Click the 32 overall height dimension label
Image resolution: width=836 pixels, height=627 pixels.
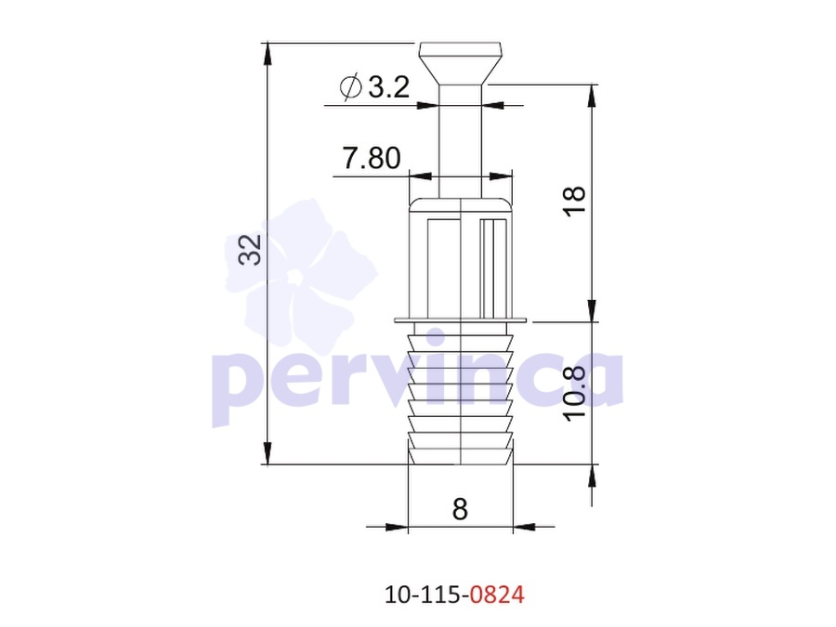(x=250, y=250)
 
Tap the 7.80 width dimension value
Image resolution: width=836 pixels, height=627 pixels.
(x=371, y=158)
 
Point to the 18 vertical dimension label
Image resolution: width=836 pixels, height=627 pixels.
(x=575, y=202)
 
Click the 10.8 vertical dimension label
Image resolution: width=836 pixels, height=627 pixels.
(x=575, y=394)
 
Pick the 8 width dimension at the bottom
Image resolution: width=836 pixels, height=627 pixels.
(x=460, y=509)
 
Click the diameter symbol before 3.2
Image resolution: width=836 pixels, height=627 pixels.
(x=351, y=87)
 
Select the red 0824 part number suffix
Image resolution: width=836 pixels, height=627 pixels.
(x=497, y=594)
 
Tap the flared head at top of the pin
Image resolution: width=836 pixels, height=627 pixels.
(x=460, y=63)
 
